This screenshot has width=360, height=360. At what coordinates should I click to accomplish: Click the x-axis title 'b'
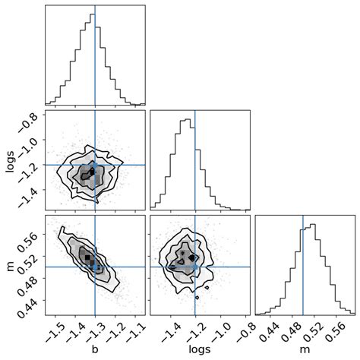(95, 349)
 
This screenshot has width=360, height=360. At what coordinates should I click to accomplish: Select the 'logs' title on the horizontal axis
(200, 350)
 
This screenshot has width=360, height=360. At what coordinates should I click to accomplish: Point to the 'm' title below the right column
(305, 350)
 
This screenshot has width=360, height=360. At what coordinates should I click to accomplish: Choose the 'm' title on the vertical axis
(11, 267)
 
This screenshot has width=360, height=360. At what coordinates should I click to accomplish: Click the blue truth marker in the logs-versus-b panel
(95, 165)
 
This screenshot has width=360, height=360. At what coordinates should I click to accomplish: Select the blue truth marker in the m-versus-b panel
(95, 267)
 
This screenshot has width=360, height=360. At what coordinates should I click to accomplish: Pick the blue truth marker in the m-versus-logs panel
(195, 267)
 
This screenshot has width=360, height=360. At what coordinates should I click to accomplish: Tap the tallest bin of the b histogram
(93, 59)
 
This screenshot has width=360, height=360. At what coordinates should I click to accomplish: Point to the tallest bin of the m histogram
(312, 269)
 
